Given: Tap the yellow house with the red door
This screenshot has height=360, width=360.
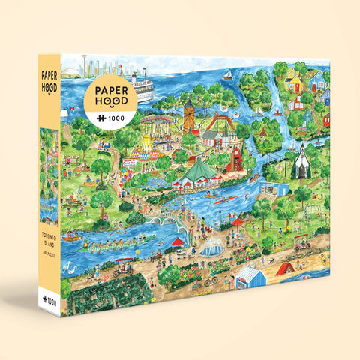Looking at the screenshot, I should tap(291, 77).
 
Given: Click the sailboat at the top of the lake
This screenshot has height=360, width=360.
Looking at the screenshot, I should tap(228, 75).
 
